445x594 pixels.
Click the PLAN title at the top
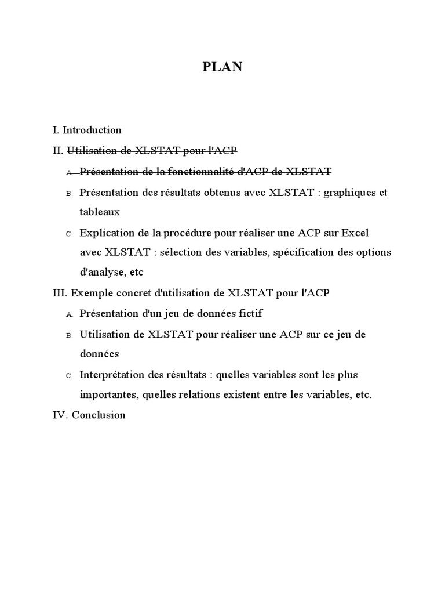(x=222, y=67)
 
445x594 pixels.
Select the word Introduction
(x=92, y=131)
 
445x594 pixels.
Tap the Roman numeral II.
(x=57, y=151)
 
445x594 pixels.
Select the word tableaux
(x=100, y=212)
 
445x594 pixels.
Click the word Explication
(x=107, y=233)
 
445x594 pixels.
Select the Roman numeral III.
(x=60, y=293)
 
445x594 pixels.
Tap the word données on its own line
(x=99, y=353)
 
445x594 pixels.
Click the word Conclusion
(x=99, y=415)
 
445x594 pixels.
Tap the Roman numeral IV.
(x=60, y=415)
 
